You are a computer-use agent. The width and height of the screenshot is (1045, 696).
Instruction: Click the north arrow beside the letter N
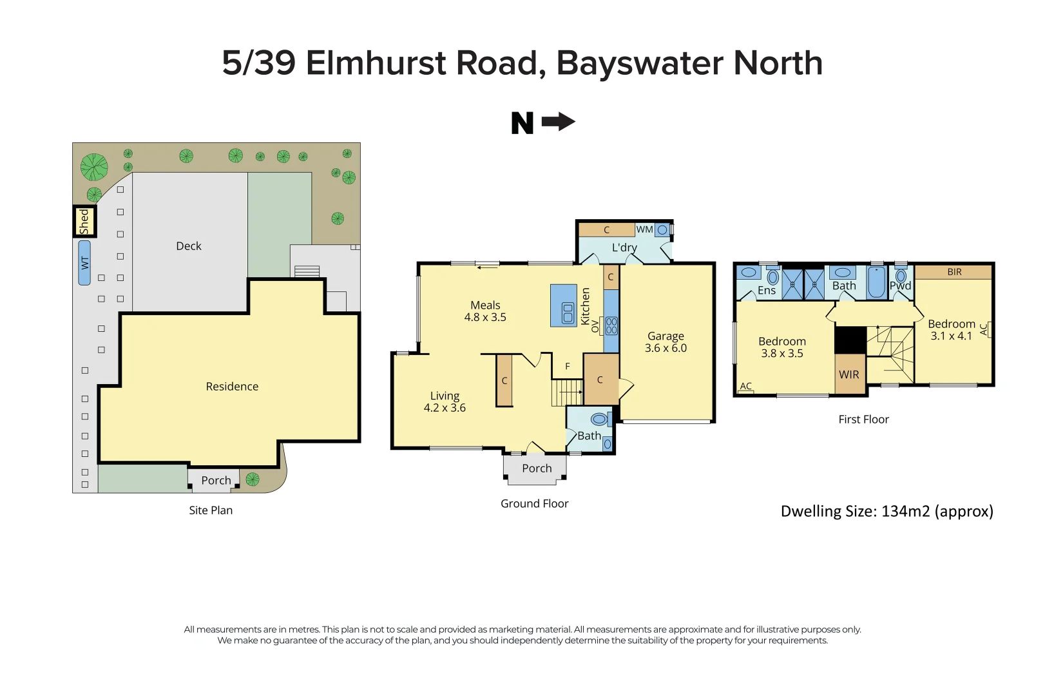pyautogui.click(x=558, y=122)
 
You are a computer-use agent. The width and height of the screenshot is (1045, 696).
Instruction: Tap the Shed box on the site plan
pyautogui.click(x=84, y=222)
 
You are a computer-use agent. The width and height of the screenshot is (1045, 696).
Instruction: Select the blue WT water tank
pyautogui.click(x=84, y=263)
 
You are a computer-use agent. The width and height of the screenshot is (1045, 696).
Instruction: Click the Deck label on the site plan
pyautogui.click(x=189, y=246)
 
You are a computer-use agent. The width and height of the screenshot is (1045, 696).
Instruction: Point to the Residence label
pyautogui.click(x=232, y=387)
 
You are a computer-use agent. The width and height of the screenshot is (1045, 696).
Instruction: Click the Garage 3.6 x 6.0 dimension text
pyautogui.click(x=666, y=348)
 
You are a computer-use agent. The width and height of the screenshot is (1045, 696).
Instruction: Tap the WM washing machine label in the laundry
pyautogui.click(x=644, y=229)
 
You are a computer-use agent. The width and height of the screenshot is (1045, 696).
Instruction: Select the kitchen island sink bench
pyautogui.click(x=564, y=306)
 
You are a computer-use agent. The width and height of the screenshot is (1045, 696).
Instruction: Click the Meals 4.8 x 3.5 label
pyautogui.click(x=485, y=311)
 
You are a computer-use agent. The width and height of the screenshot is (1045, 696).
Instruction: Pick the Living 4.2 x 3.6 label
pyautogui.click(x=445, y=402)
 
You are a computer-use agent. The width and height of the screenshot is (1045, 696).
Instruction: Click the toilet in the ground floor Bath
pyautogui.click(x=599, y=420)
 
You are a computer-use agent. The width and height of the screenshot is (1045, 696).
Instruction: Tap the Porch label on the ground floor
pyautogui.click(x=537, y=469)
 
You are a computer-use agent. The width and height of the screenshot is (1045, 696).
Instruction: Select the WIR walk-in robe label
pyautogui.click(x=848, y=374)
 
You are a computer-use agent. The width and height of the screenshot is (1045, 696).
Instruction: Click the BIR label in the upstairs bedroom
pyautogui.click(x=954, y=272)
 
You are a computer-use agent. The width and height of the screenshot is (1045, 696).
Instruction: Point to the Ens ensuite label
pyautogui.click(x=766, y=291)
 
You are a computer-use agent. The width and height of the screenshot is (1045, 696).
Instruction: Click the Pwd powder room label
pyautogui.click(x=900, y=286)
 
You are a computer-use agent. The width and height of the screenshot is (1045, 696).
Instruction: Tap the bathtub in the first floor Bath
pyautogui.click(x=876, y=282)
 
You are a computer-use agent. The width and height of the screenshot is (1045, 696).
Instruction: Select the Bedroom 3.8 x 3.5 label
pyautogui.click(x=781, y=347)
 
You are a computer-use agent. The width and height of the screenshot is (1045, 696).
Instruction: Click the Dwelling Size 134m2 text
pyautogui.click(x=887, y=512)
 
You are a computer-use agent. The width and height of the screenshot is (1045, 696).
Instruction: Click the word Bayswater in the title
pyautogui.click(x=639, y=64)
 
